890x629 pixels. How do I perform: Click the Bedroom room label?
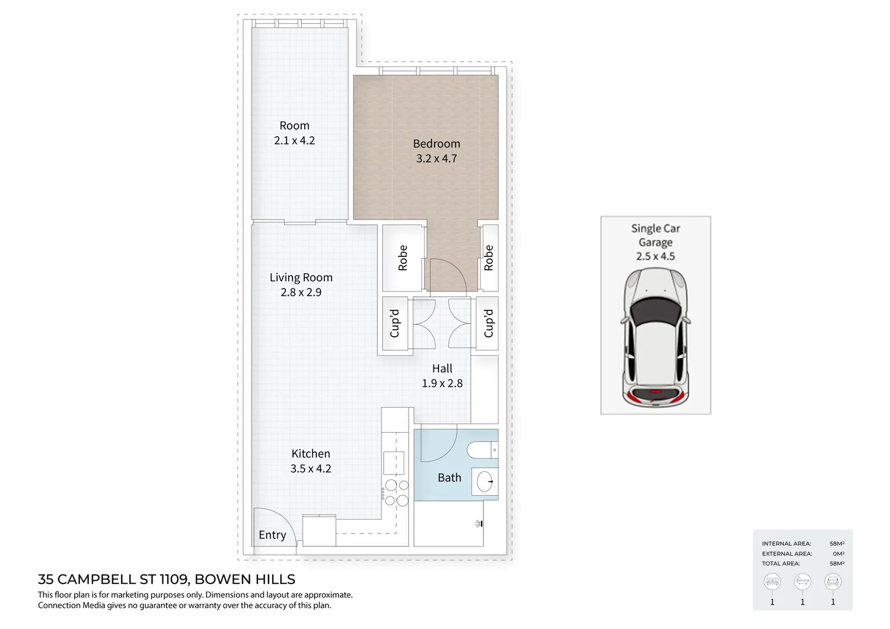coord(436,143)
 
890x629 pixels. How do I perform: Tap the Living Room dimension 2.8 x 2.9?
coord(301,292)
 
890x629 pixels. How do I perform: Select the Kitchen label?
coord(310,454)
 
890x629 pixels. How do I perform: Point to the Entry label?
coord(272,535)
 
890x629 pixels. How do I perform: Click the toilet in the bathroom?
coord(482,450)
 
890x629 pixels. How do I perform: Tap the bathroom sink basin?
coord(485,482)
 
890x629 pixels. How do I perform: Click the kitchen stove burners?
coord(396,493)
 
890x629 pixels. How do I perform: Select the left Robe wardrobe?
coord(402,258)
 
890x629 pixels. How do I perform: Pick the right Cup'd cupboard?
coord(488,323)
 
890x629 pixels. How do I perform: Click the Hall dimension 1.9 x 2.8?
coord(442,383)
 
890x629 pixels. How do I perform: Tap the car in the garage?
coord(655,338)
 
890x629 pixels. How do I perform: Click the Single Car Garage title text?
coord(655,235)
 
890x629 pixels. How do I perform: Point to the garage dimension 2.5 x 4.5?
coord(655,256)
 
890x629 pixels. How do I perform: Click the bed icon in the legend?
coord(772,581)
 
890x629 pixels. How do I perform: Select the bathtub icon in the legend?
coord(803,581)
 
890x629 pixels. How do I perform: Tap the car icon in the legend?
coord(833,581)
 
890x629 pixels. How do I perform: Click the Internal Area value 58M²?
coord(837,543)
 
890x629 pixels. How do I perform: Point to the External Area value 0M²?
coord(838,554)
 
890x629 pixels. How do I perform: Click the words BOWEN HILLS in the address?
coord(245,579)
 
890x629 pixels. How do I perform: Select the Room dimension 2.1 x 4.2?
coord(294,140)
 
